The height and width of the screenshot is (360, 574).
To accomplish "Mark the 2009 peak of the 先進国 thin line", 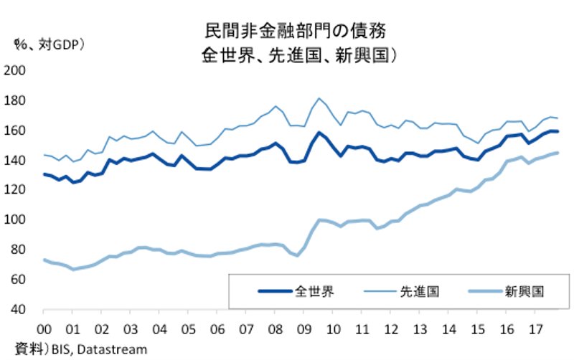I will click(x=319, y=98).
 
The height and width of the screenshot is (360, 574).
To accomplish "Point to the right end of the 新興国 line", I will click(x=558, y=152).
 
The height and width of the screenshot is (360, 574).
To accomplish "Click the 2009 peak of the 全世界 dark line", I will click(x=319, y=133).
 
